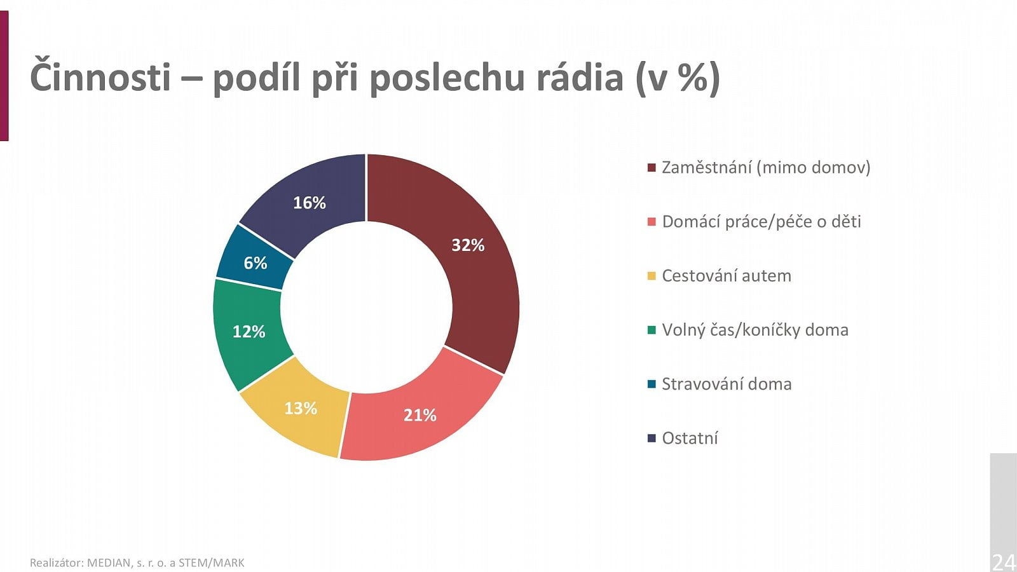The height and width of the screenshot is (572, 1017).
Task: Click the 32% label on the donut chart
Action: coord(468,245)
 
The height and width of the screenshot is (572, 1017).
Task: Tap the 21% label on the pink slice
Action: coord(420,416)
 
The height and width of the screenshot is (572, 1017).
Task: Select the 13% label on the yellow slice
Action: coord(300,408)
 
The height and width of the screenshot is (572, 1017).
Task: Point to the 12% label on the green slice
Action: coord(249,332)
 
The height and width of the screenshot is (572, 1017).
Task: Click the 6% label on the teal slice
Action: coord(255,263)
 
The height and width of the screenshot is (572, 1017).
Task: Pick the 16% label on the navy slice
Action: coord(309,203)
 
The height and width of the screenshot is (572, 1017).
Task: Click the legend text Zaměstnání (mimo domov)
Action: coord(765,168)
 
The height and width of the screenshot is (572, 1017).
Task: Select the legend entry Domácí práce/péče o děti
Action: coord(761,222)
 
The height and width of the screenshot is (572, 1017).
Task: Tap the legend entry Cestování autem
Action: coord(726,276)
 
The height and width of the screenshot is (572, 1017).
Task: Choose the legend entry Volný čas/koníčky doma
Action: coord(754,330)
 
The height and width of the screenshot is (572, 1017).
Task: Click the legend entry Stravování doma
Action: coord(726,384)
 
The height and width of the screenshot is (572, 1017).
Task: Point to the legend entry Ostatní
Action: coord(690,438)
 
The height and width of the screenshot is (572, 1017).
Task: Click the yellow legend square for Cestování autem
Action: coord(652,276)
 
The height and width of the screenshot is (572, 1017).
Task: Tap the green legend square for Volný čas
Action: coord(652,330)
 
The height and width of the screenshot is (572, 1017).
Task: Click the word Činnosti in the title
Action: coord(100,78)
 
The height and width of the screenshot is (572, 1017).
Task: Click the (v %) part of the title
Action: coord(678,78)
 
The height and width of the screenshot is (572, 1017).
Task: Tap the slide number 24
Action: coord(1004,562)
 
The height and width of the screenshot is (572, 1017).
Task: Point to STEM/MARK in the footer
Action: coord(211,563)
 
